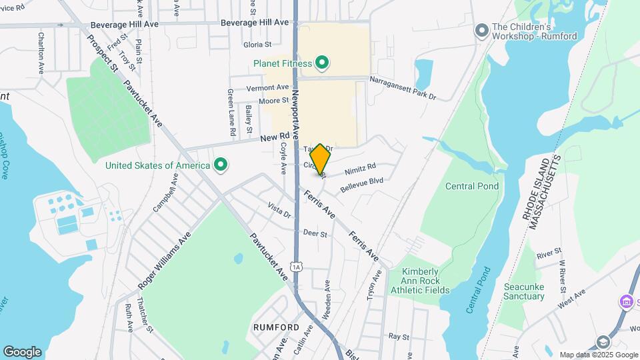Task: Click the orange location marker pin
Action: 320,159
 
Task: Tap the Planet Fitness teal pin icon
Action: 322,63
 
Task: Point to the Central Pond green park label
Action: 472,186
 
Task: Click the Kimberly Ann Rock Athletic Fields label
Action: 425,281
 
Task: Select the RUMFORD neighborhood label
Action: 275,327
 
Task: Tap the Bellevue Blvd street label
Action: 361,185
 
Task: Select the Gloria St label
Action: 257,45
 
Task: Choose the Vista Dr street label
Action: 279,210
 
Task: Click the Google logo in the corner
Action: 22,351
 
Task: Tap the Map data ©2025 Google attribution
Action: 598,355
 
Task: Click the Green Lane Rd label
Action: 231,113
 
